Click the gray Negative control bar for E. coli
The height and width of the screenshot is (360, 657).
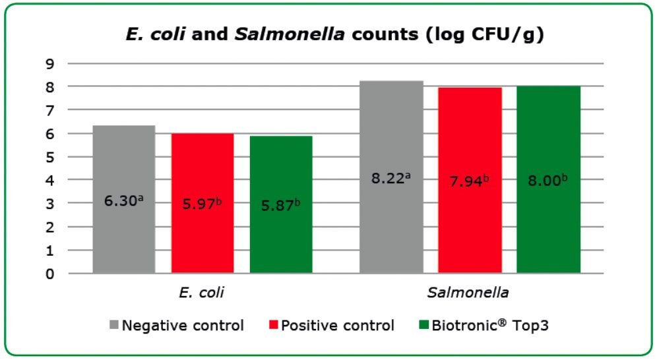coord(123,165)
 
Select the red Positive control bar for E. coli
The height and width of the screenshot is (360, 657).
coord(203,165)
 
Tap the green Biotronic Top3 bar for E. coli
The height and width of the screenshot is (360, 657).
coord(281,165)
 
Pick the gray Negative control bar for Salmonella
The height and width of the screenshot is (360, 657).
coord(391,132)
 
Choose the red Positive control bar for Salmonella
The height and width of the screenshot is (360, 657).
coord(470,132)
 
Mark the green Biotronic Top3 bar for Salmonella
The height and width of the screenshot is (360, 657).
coord(548,132)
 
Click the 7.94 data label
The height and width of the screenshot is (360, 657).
coord(470,179)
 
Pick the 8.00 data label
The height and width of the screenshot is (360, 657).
coord(548,179)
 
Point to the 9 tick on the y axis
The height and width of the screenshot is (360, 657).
coord(49,64)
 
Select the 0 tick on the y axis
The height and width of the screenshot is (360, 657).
coord(49,274)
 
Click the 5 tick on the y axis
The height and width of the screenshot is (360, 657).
coord(49,157)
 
